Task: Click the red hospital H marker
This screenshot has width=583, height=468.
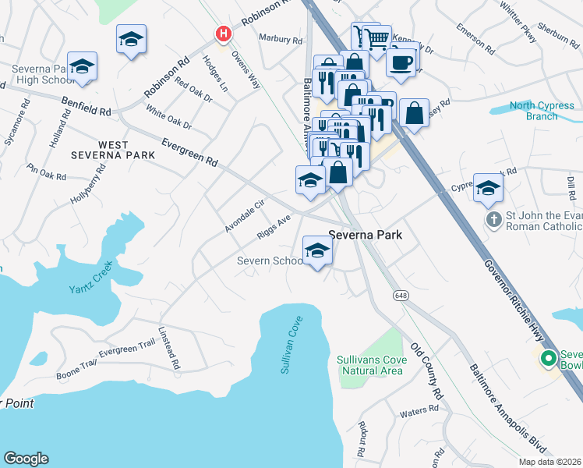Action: click(x=224, y=34)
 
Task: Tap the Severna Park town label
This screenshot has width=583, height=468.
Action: click(x=366, y=234)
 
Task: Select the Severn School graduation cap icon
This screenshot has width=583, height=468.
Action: click(x=317, y=250)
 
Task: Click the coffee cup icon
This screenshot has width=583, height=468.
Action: click(x=401, y=62)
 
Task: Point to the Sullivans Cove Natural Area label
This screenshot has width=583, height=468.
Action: click(x=369, y=365)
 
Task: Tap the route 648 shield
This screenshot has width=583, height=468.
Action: click(x=401, y=296)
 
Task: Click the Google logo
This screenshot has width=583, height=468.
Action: click(x=26, y=458)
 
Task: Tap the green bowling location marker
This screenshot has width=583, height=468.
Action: click(x=548, y=359)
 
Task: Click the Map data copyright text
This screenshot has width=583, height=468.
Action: click(x=549, y=461)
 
